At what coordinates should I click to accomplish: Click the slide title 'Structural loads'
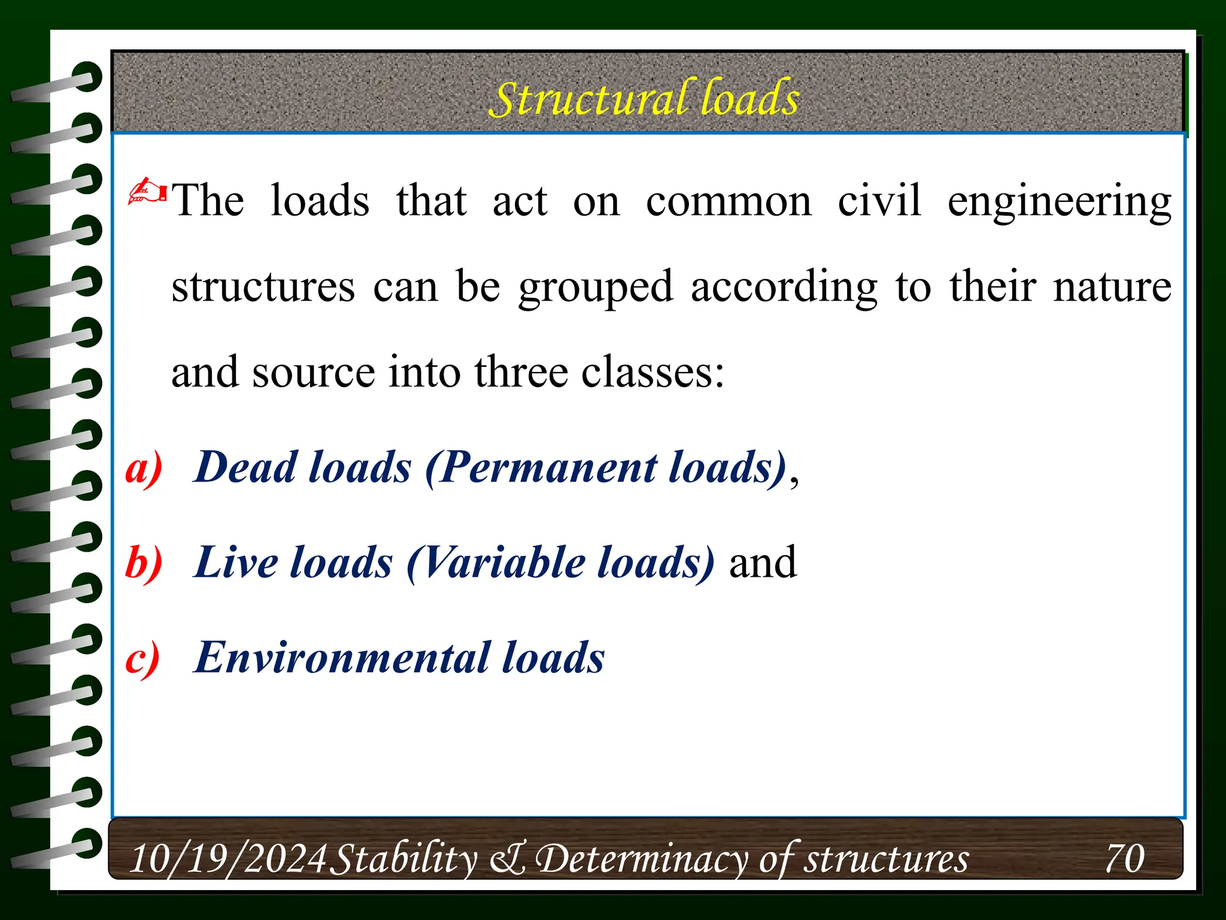click(x=644, y=98)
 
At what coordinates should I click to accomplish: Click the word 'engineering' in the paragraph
click(x=1059, y=202)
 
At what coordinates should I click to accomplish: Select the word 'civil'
click(x=879, y=201)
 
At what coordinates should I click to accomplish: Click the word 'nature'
click(x=1112, y=287)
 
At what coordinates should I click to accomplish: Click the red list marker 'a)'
click(x=144, y=468)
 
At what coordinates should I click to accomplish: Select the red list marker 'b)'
click(x=144, y=563)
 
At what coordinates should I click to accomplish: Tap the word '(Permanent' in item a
click(x=541, y=467)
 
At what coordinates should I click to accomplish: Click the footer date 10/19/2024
click(x=227, y=859)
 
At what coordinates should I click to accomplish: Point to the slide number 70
click(x=1124, y=859)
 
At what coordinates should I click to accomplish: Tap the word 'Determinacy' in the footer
click(x=641, y=859)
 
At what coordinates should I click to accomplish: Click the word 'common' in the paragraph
click(x=729, y=202)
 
